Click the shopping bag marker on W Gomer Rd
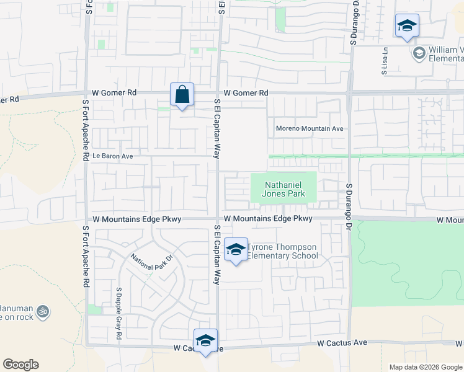pos(182,95)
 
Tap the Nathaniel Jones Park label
pos(285,189)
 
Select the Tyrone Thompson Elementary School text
pos(283,251)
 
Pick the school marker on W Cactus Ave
pos(205,340)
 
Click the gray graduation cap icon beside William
pos(419,53)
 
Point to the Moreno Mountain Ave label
pos(310,129)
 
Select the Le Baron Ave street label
pos(112,157)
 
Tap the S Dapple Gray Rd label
pos(118,313)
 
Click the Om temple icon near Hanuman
pos(43,311)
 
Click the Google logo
pos(20,365)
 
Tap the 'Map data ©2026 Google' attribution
pos(425,367)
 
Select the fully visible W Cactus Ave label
pos(342,342)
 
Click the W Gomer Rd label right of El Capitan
pos(246,93)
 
